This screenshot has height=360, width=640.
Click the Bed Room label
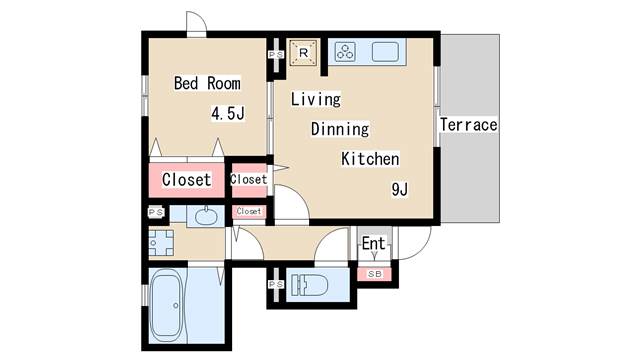(207, 83)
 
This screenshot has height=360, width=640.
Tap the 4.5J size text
(228, 113)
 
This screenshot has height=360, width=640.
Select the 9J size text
(400, 189)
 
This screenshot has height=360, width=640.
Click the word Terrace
(469, 125)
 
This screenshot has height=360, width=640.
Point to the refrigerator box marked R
(303, 53)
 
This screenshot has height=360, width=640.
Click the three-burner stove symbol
(345, 52)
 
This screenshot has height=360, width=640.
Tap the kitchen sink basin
(385, 52)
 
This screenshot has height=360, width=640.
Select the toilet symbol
(310, 284)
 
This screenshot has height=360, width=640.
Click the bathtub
(167, 305)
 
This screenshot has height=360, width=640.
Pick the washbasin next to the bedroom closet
(206, 216)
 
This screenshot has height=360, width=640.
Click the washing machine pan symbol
(161, 243)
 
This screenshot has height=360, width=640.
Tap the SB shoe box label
(375, 274)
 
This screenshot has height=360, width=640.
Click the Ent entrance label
(373, 243)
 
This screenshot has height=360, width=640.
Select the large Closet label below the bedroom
(187, 180)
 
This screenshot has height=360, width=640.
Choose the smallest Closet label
(249, 211)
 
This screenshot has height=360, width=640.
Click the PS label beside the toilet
(276, 284)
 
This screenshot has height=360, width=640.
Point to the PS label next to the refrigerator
(276, 54)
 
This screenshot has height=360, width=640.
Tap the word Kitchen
(370, 159)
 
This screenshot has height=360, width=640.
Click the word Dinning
(340, 129)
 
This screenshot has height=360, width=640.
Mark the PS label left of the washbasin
(156, 212)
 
